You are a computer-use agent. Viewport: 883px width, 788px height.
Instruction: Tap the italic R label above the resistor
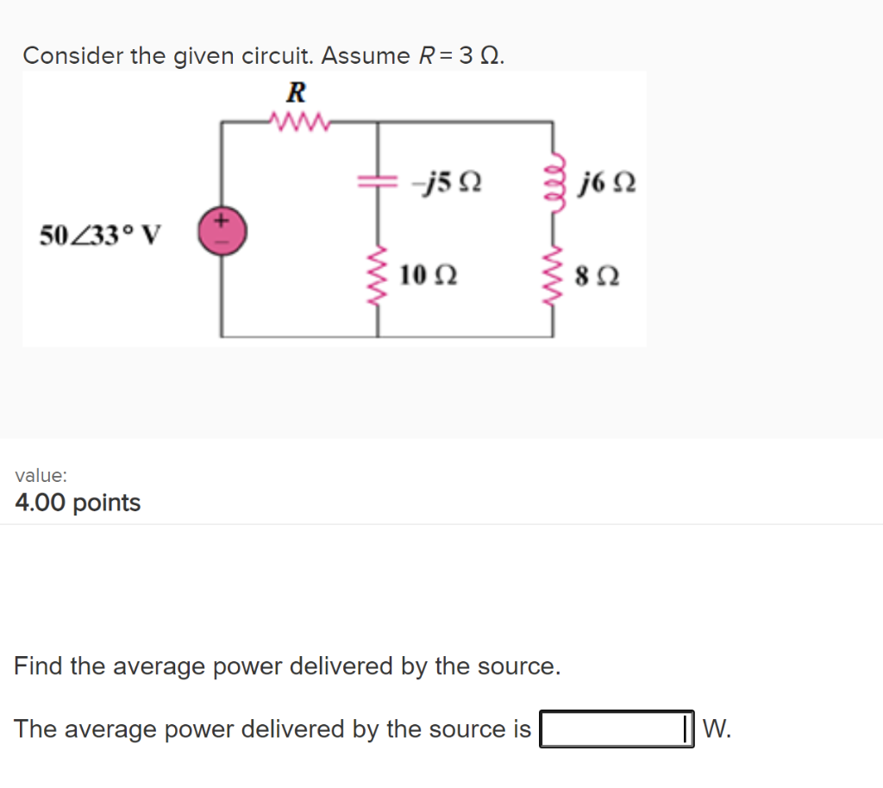297,91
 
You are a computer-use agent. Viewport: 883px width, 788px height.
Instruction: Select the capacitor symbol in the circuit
378,182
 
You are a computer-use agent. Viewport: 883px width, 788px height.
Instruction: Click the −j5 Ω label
446,183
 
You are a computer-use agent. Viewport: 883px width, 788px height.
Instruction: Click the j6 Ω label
609,183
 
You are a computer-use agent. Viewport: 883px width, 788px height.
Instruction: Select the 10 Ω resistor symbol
378,275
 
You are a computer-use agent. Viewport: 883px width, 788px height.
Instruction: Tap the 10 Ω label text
429,276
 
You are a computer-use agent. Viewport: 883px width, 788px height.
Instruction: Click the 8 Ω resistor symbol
554,275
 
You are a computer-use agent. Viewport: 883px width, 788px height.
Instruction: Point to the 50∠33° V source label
100,234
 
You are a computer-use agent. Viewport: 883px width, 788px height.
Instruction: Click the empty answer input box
616,729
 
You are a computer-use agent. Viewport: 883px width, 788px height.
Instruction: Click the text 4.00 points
78,503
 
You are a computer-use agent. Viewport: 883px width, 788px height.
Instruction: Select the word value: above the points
41,475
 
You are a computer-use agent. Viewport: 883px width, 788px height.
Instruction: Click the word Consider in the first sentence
72,56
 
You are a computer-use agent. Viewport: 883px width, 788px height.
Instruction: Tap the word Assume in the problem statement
366,56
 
